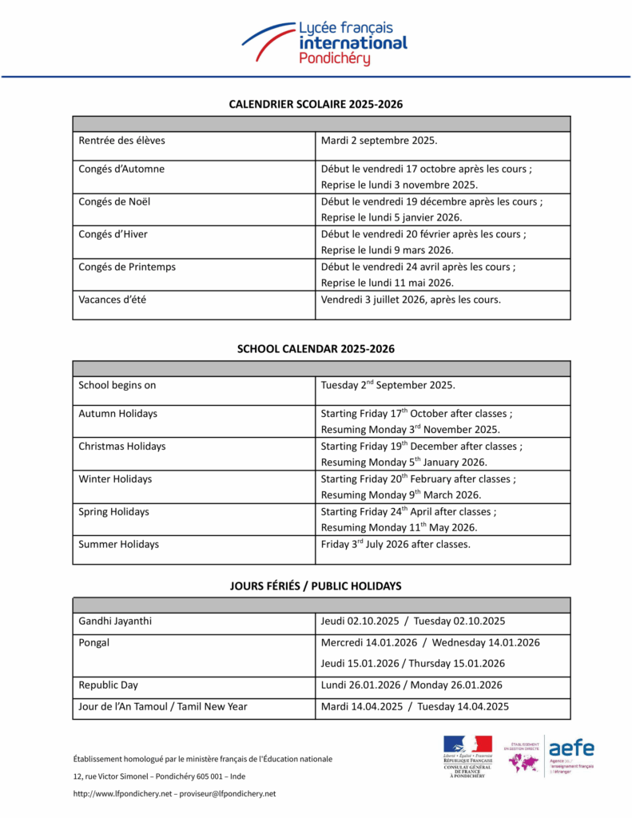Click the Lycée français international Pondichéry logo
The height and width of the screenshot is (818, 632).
pyautogui.click(x=324, y=43)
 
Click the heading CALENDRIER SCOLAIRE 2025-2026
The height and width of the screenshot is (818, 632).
pyautogui.click(x=316, y=105)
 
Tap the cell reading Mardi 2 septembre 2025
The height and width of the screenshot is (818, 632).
pyautogui.click(x=379, y=141)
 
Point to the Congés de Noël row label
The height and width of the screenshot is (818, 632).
pyautogui.click(x=114, y=202)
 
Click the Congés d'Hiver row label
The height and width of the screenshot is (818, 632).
pyautogui.click(x=113, y=234)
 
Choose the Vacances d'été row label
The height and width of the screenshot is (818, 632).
pyautogui.click(x=112, y=300)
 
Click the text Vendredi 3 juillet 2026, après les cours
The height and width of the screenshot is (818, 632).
pyautogui.click(x=411, y=300)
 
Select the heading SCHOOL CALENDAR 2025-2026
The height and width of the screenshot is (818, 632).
pyautogui.click(x=316, y=349)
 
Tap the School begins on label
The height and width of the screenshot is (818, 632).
pyautogui.click(x=117, y=385)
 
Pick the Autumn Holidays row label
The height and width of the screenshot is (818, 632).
pyautogui.click(x=117, y=414)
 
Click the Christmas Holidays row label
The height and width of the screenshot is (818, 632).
pyautogui.click(x=122, y=447)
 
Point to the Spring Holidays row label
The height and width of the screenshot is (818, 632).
pyautogui.click(x=113, y=511)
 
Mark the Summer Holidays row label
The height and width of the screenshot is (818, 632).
pyautogui.click(x=118, y=544)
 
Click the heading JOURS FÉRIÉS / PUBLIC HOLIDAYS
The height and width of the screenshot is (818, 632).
pyautogui.click(x=316, y=586)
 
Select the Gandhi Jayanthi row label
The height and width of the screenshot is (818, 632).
pyautogui.click(x=115, y=621)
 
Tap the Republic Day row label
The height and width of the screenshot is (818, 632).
pyautogui.click(x=108, y=685)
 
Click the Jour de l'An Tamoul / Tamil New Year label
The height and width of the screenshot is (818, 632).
pyautogui.click(x=162, y=706)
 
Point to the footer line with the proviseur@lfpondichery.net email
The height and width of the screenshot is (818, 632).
pyautogui.click(x=174, y=793)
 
